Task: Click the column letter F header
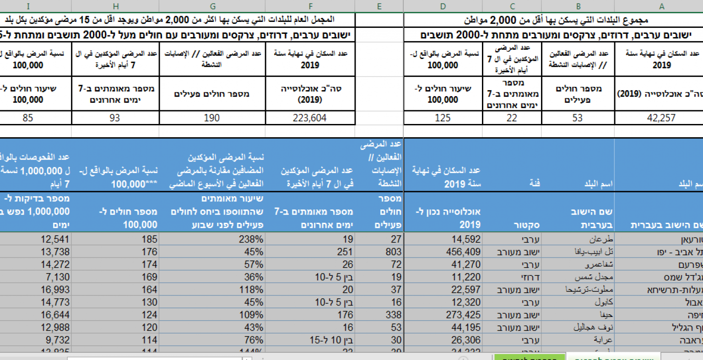click(310, 6)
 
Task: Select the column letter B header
click(578, 6)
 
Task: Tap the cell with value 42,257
click(661, 118)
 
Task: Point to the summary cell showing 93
click(115, 118)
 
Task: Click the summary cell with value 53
click(578, 118)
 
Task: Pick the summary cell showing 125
click(443, 118)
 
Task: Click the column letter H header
click(115, 6)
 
